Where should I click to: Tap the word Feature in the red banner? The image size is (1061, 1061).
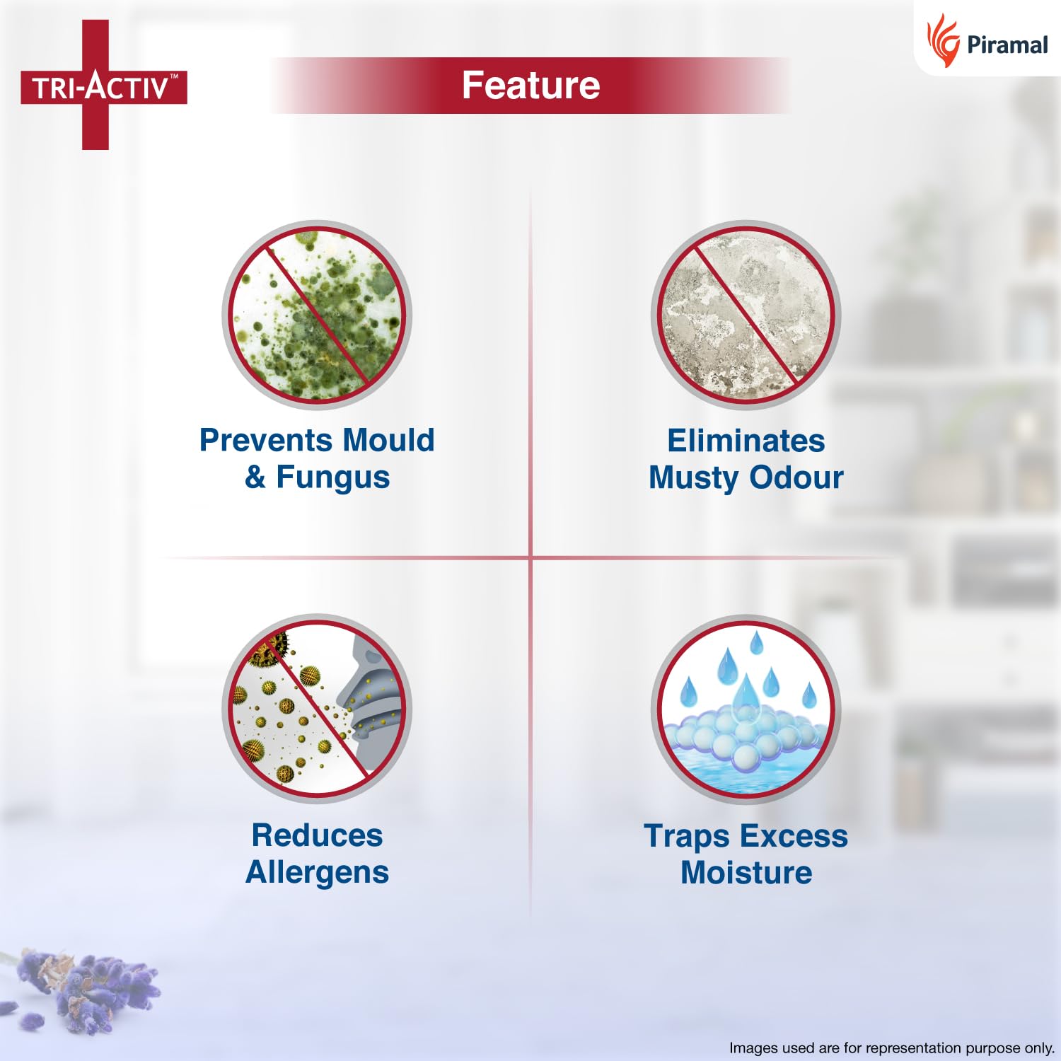[x=530, y=86]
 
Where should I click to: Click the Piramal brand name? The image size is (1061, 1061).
[x=1007, y=45]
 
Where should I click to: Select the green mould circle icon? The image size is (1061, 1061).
[x=317, y=315]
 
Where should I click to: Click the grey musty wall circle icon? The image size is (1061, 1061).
[x=746, y=315]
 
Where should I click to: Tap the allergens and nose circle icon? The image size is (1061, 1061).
[x=317, y=709]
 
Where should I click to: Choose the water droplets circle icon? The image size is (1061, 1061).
[x=746, y=709]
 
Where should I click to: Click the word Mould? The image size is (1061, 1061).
[x=378, y=440]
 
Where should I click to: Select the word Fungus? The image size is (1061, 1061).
[x=332, y=477]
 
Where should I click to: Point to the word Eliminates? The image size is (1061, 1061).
[x=746, y=441]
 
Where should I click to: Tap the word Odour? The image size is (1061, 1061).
[x=796, y=477]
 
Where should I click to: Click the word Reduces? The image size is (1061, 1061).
[x=317, y=835]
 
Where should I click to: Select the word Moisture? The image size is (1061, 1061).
[x=746, y=873]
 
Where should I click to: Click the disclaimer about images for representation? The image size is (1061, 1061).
[x=891, y=1048]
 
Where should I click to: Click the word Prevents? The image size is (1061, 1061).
[x=257, y=440]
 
